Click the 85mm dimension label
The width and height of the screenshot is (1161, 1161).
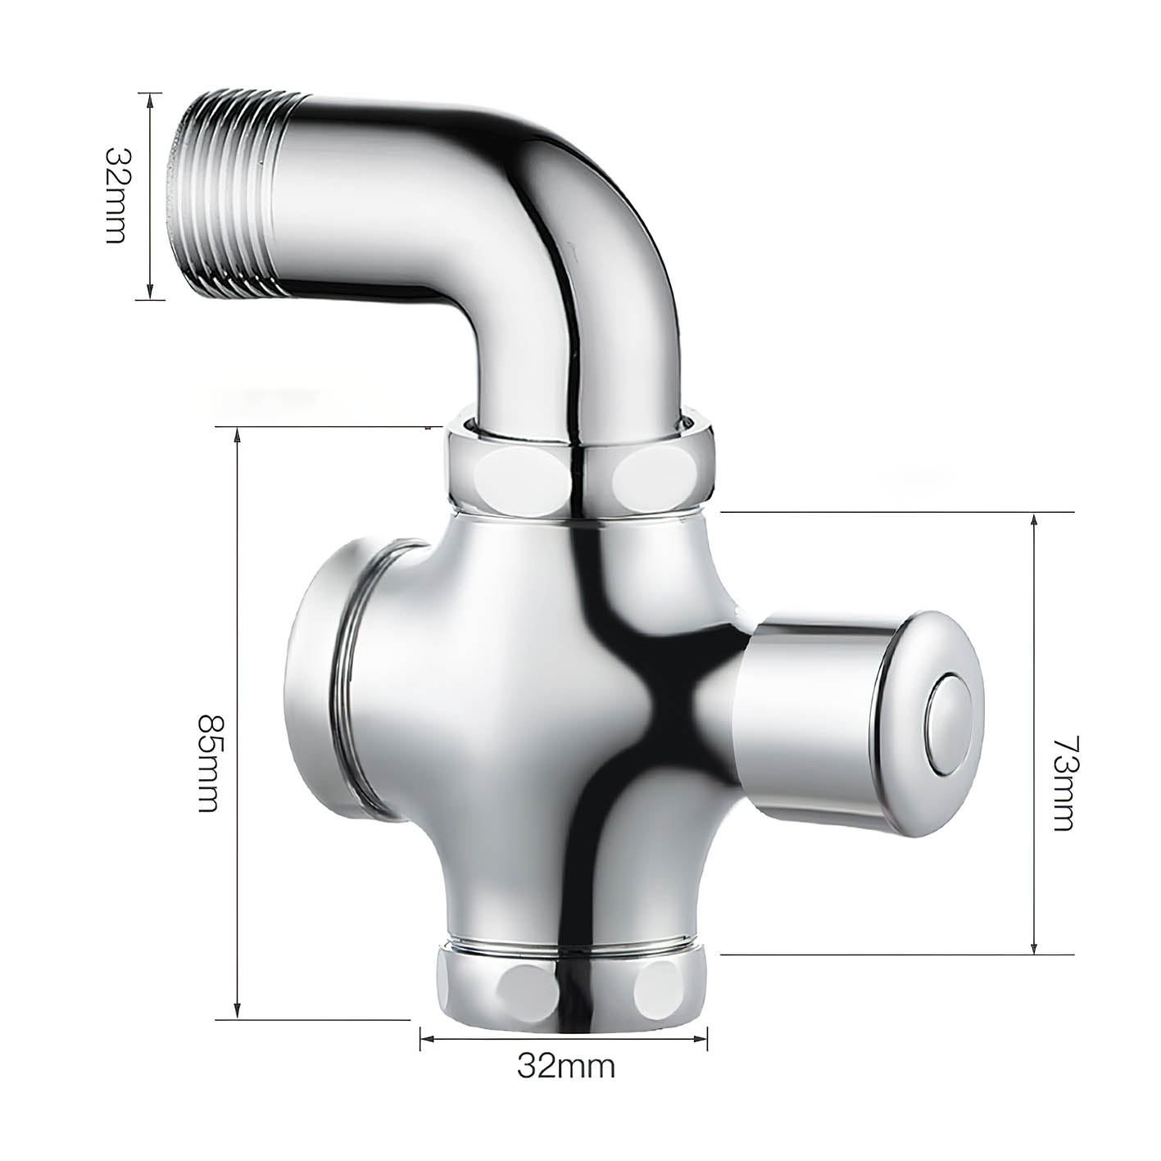pyautogui.click(x=207, y=764)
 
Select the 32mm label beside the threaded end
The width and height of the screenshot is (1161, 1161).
pyautogui.click(x=115, y=195)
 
